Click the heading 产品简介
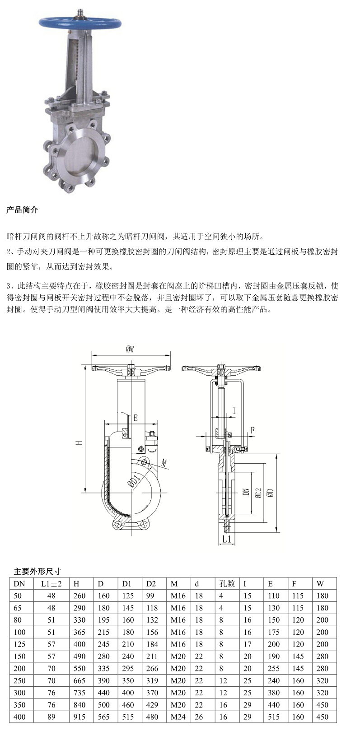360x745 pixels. tap(22, 210)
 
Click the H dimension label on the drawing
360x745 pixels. tap(79, 443)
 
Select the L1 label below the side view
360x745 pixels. tap(226, 539)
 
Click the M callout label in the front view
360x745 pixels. tap(165, 463)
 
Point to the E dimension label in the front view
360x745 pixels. tap(135, 418)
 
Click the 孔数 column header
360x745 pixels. tap(227, 583)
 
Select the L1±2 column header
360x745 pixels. tap(51, 583)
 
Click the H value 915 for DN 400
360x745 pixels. tap(79, 717)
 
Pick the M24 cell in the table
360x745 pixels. tap(178, 717)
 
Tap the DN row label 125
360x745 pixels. tap(20, 644)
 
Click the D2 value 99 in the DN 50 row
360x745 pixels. tap(150, 596)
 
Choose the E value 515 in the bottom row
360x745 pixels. tap(274, 717)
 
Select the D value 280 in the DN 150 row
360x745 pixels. tap(104, 656)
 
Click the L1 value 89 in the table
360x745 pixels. tap(51, 717)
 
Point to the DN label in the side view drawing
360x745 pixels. tap(246, 491)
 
